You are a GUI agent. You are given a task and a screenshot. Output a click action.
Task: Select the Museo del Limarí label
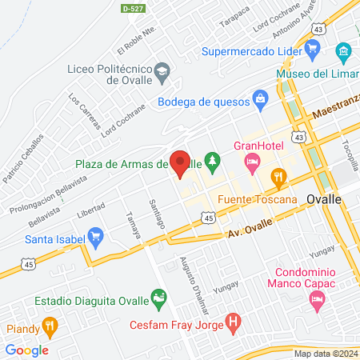click(317, 74)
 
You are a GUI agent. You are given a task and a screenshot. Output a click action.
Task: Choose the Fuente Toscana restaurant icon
click(278, 177)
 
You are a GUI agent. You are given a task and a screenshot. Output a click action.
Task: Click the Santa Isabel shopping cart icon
click(97, 237)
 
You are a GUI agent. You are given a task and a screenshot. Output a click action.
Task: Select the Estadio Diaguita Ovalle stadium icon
click(160, 302)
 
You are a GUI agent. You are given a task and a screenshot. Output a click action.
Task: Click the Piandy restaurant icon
click(50, 326)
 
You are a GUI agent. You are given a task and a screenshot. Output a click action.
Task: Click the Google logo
click(26, 350)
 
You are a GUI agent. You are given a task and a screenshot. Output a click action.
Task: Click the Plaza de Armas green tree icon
click(212, 163)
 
